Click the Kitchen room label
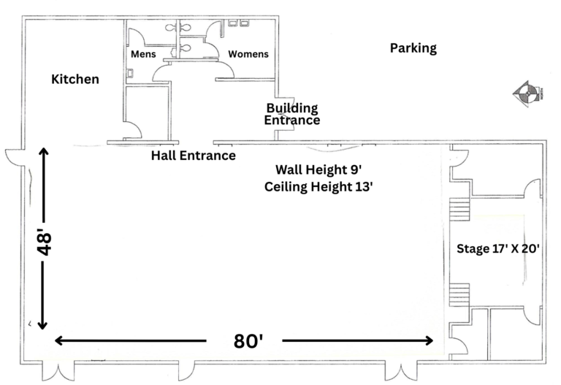point(75,79)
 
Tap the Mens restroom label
point(143,54)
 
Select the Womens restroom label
point(248,54)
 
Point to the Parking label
point(413,48)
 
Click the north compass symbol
point(527,94)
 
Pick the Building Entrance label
point(292,114)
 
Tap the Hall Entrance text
point(193,156)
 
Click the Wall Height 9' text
point(318,169)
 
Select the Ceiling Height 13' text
point(318,187)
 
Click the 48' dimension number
point(45,242)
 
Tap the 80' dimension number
point(248,341)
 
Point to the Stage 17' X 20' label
point(498,248)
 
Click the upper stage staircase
point(459,210)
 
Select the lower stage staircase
point(459,295)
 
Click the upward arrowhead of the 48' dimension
point(43,152)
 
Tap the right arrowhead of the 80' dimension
point(429,340)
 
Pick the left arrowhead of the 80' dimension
point(59,340)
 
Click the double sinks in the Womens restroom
point(238,23)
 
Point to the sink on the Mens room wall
point(130,73)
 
